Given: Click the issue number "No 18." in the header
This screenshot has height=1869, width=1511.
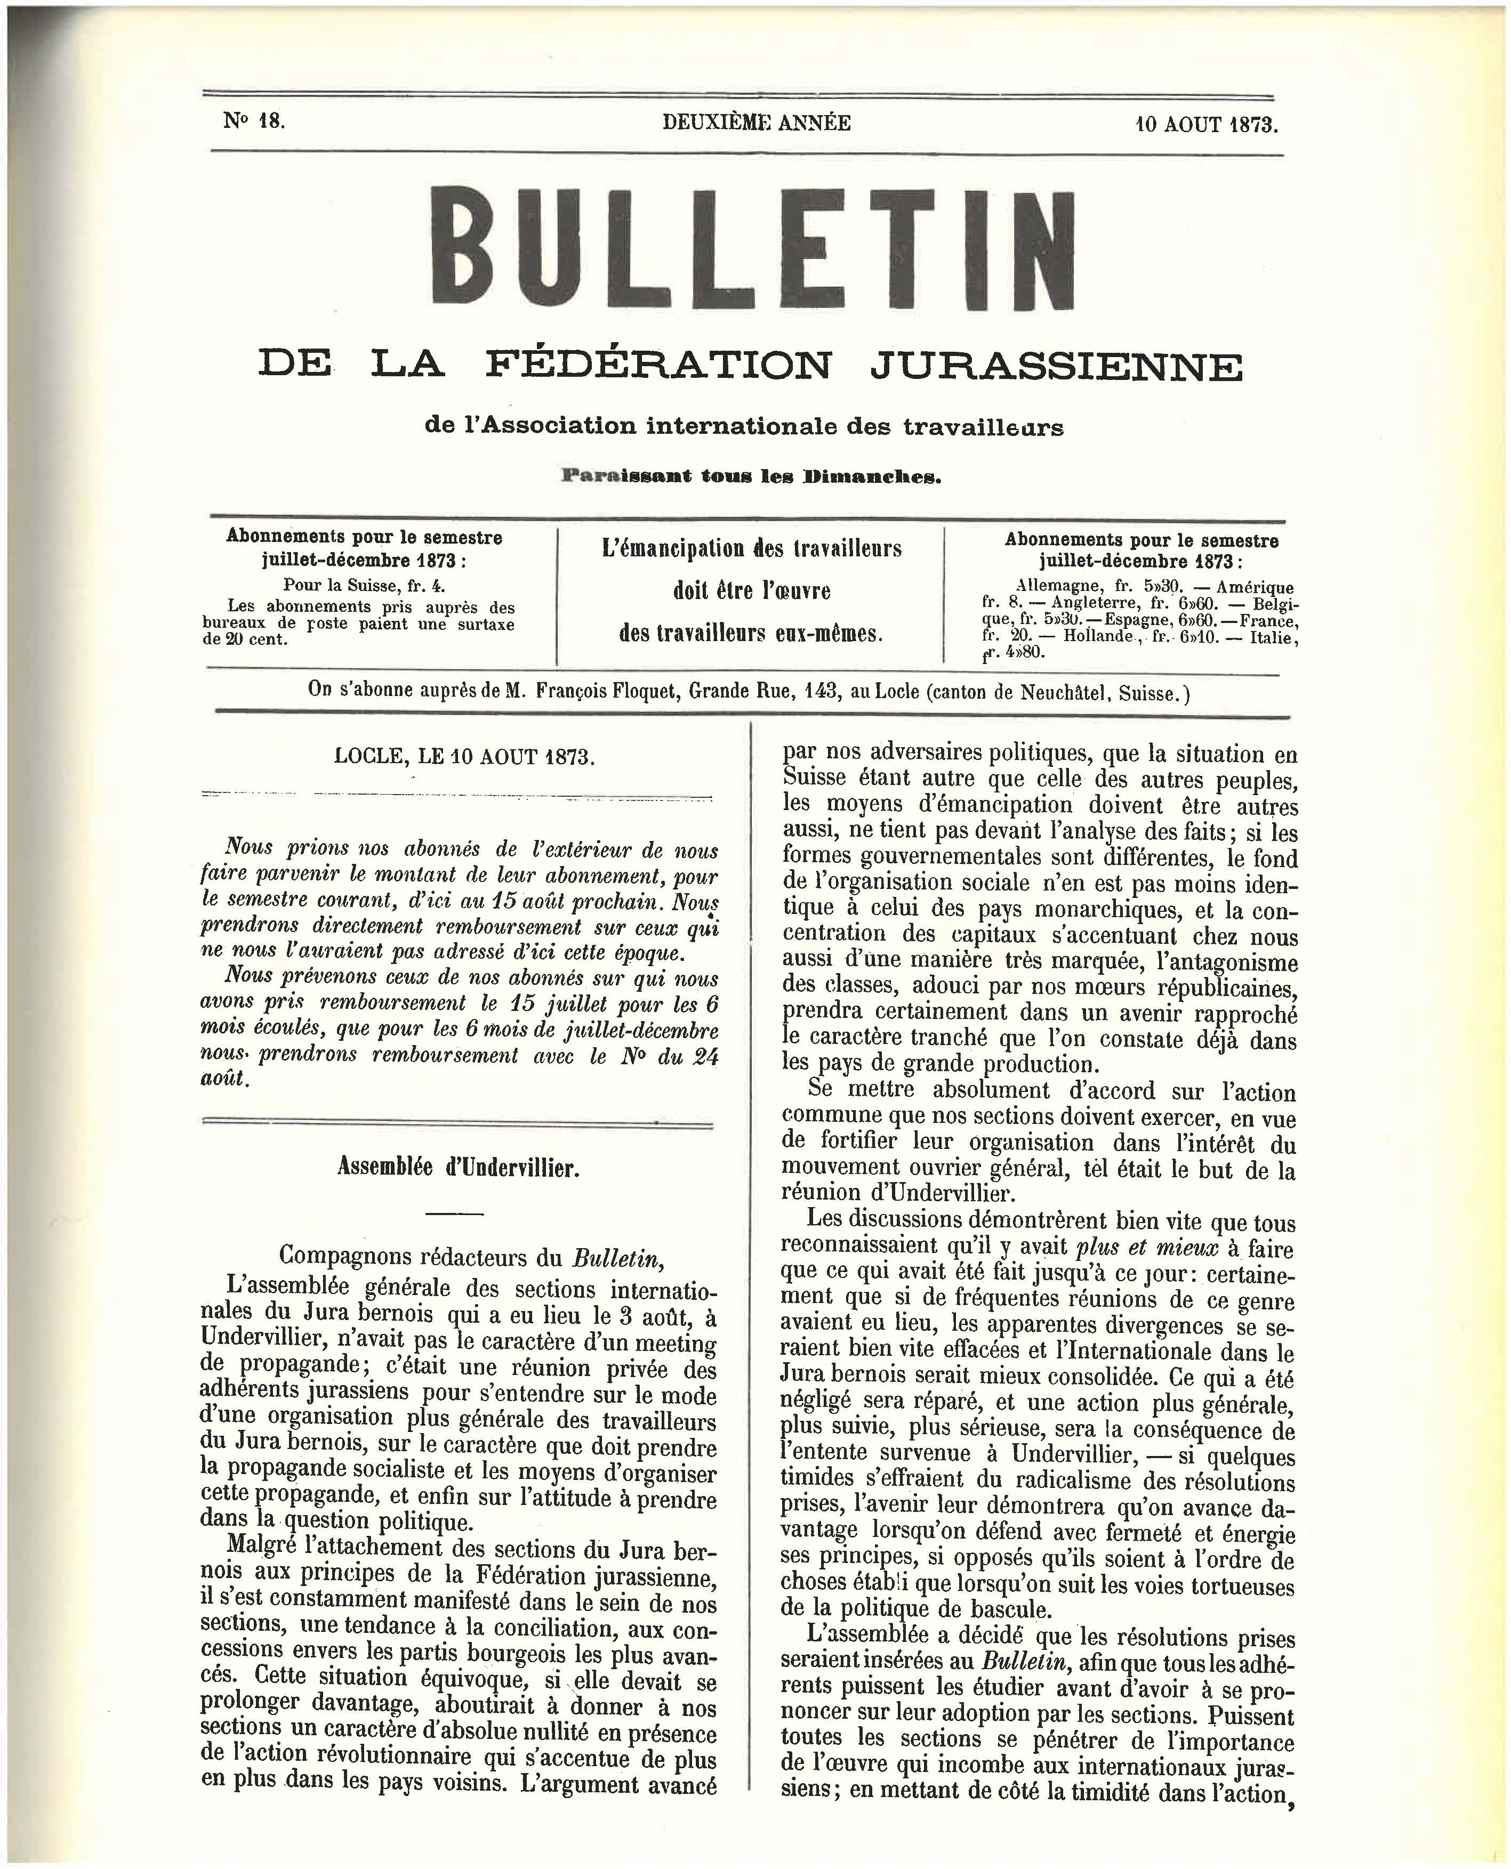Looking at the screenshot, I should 253,122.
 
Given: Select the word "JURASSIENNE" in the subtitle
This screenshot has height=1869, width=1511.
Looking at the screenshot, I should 1056,366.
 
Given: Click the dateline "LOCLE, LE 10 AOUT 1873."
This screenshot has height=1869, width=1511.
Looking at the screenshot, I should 464,756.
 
